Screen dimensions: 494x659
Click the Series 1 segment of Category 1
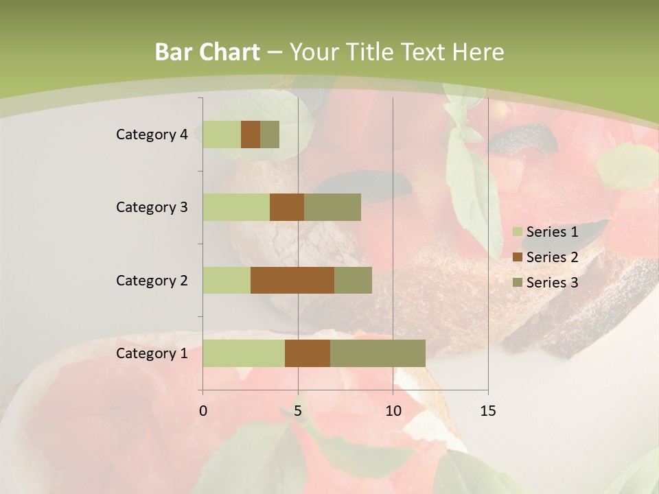[x=244, y=353]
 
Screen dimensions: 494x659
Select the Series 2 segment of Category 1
[x=308, y=353]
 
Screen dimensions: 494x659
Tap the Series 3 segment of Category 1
[x=378, y=353]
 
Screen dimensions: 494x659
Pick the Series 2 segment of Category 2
[x=292, y=280]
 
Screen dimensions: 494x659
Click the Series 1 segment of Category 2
[x=227, y=280]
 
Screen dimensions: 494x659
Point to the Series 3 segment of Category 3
[x=332, y=207]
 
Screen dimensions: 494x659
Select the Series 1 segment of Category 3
[x=236, y=207]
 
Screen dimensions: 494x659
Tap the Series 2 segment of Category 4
[x=251, y=134]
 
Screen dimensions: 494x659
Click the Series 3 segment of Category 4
[x=270, y=134]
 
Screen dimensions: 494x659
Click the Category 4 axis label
[x=152, y=134]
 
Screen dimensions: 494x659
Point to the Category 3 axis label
[x=152, y=207]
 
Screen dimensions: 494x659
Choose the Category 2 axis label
[x=152, y=280]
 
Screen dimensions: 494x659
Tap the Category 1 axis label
[x=152, y=353]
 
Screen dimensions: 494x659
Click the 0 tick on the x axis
[x=203, y=411]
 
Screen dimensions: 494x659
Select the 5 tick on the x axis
[x=298, y=411]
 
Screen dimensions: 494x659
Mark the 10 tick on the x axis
[x=393, y=411]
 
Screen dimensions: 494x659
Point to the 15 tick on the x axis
[x=487, y=411]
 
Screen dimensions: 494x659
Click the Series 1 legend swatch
[x=518, y=232]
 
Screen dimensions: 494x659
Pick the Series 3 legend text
[x=552, y=283]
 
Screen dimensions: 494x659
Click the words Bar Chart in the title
[x=207, y=52]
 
